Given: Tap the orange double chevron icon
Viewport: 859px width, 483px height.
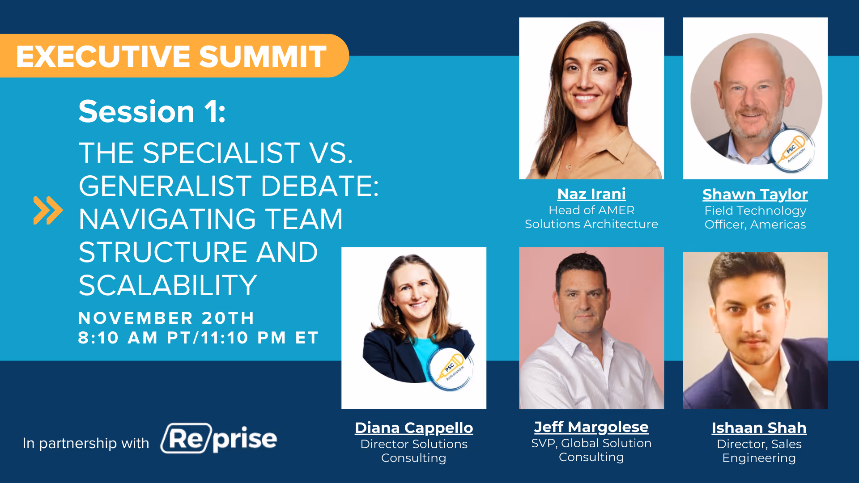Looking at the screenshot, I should click(x=48, y=210).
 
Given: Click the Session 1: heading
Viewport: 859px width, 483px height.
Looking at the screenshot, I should click(x=152, y=111).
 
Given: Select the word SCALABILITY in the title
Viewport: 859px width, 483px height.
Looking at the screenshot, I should click(x=168, y=285).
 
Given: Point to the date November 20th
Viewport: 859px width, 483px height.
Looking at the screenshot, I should click(x=166, y=318).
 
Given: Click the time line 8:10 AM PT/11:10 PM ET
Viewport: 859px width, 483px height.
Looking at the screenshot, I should click(x=198, y=338).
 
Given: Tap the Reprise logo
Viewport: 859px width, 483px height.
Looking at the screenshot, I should click(x=219, y=439).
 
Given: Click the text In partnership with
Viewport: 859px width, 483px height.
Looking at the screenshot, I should click(x=86, y=443).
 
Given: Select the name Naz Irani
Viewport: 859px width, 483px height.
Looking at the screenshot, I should click(x=591, y=194).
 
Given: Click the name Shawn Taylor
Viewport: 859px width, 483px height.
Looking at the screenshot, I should click(x=755, y=195).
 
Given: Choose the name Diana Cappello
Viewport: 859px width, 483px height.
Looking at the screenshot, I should click(x=414, y=428).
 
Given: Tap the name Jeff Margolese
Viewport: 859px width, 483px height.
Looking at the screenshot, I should click(x=591, y=427).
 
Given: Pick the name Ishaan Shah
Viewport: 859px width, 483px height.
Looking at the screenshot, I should click(x=759, y=428).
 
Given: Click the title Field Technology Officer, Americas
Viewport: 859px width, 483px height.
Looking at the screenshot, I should click(x=755, y=217).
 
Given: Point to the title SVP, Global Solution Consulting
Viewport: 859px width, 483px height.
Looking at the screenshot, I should click(x=591, y=450).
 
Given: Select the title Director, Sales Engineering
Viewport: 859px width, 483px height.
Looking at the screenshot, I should click(x=759, y=451).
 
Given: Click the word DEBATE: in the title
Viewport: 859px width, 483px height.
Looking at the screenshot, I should click(x=319, y=186).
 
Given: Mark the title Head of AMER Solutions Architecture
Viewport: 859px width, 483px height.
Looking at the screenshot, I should click(x=591, y=217).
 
